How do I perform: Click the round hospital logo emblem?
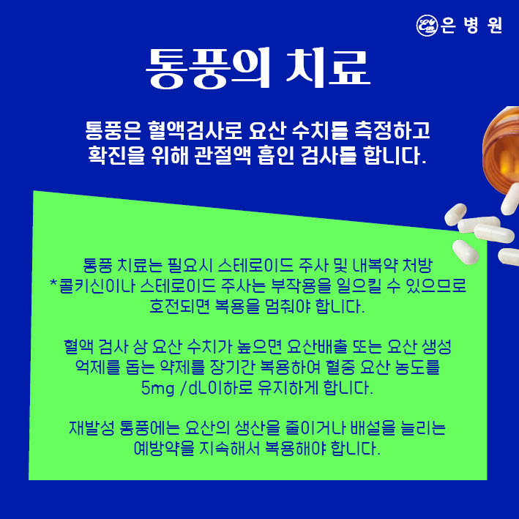point(427,25)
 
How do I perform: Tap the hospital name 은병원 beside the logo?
point(471,25)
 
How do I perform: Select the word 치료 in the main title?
point(328,69)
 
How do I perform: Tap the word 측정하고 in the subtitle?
point(392,130)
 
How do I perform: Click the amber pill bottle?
point(501,149)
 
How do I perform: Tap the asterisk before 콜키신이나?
point(53,283)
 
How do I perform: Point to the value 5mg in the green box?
point(157,388)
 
